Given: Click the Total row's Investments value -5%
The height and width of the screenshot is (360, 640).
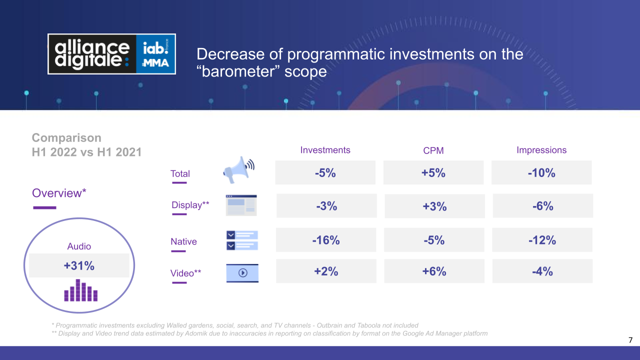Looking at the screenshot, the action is [325, 173].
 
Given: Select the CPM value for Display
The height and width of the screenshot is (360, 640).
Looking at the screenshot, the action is [434, 206].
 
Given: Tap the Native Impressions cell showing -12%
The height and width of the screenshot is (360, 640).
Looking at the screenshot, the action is [542, 240].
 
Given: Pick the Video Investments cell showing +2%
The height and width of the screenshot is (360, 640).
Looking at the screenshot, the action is [326, 271].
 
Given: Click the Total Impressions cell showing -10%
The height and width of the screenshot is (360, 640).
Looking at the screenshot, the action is [541, 173].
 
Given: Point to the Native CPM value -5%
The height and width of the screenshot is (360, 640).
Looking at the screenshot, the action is [434, 240].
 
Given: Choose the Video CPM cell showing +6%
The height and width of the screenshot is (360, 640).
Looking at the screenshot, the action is [434, 271].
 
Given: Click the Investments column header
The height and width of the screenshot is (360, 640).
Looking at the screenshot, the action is [325, 150].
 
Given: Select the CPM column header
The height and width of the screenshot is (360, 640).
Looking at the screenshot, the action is [433, 150].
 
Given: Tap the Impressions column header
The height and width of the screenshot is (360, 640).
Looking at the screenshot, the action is [541, 150].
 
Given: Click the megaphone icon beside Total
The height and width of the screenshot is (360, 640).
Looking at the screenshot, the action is [238, 169].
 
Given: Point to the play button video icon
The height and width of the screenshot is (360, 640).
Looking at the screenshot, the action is [242, 273].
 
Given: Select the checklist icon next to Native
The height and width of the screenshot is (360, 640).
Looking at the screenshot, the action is [242, 240].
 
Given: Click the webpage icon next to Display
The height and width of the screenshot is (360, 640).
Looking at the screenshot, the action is [241, 205].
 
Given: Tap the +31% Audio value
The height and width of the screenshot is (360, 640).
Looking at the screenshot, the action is [79, 265].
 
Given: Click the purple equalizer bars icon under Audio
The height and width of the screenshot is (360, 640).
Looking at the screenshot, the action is [81, 290].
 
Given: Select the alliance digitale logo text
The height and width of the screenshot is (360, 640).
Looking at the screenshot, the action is [92, 54].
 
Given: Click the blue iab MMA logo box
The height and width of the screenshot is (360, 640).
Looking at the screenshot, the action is [155, 54].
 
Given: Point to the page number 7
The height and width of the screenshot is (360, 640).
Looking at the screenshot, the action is [630, 340].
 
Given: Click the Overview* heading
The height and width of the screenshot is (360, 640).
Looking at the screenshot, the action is [59, 193].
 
